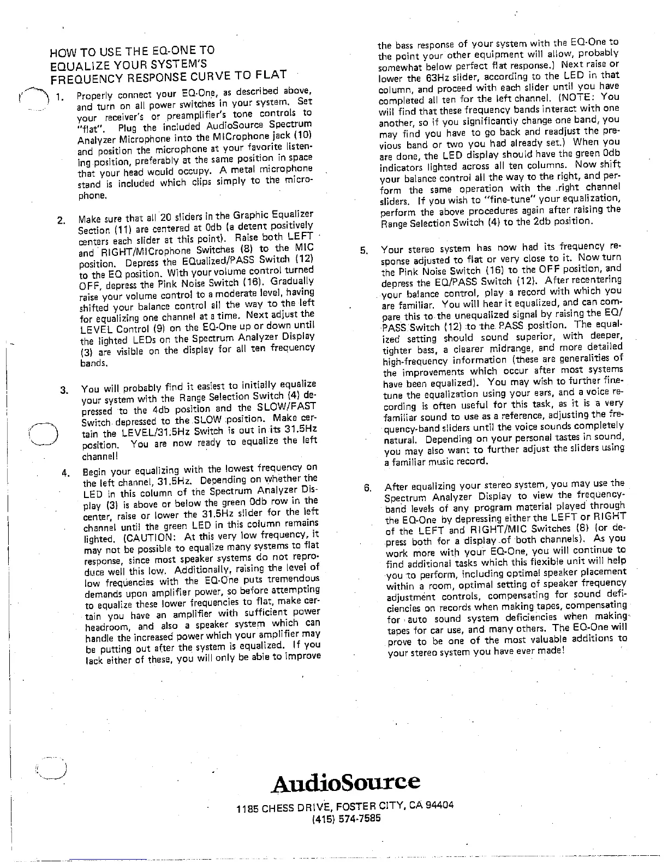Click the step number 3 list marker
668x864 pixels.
[x=64, y=390]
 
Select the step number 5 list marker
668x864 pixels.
[x=364, y=251]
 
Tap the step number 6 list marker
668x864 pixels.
[x=367, y=487]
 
